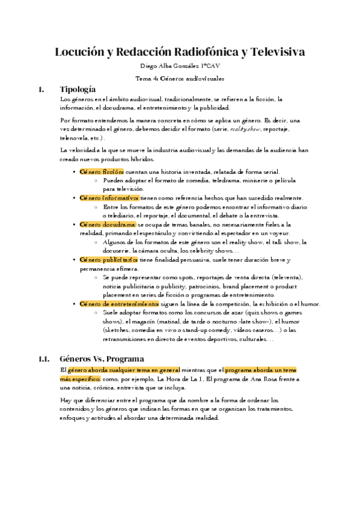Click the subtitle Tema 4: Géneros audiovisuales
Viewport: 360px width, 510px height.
pos(180,78)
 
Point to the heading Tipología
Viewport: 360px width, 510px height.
pos(78,90)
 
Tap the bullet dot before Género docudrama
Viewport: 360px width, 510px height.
pos(73,224)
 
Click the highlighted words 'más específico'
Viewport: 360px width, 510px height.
pos(81,379)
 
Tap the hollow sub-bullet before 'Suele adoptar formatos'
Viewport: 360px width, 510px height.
pos(96,313)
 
